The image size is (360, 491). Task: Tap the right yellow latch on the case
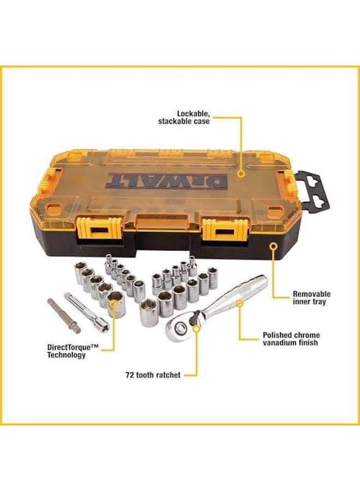coord(223,230)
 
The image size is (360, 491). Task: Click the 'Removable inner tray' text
coord(311,298)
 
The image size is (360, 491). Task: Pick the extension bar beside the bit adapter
coord(87,311)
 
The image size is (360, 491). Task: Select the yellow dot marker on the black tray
coord(271,247)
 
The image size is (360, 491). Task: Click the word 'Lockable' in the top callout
coord(195,113)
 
